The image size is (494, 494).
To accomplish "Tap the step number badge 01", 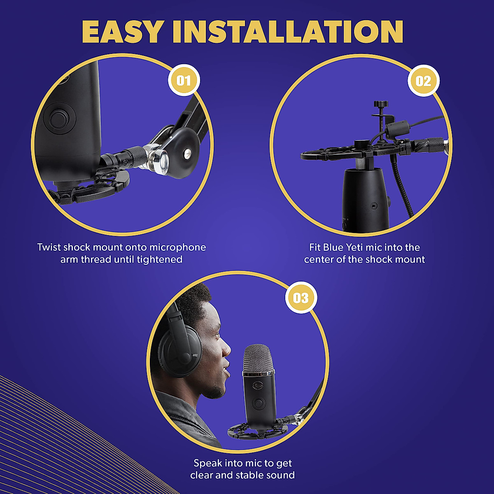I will click(x=184, y=80).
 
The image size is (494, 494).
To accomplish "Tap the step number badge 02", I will click(x=423, y=81).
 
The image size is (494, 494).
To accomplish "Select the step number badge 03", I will click(x=301, y=298).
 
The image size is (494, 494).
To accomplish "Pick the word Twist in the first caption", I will click(x=49, y=247).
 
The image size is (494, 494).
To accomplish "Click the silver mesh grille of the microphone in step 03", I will click(x=258, y=359).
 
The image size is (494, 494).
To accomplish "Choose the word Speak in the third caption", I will click(x=208, y=463).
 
